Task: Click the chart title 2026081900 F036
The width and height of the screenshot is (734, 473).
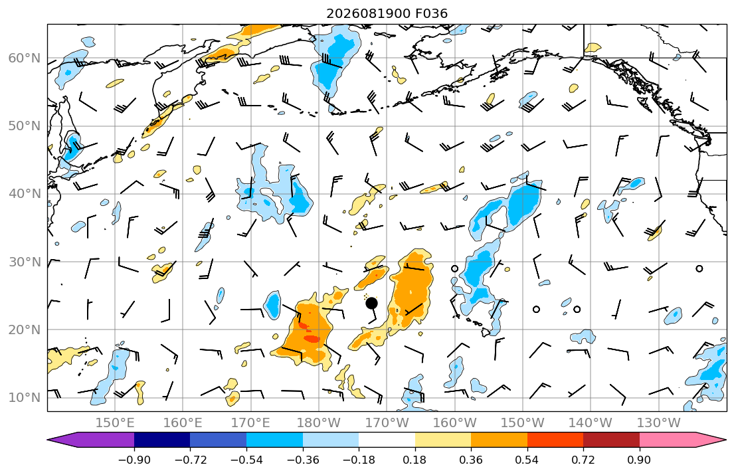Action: tap(387, 13)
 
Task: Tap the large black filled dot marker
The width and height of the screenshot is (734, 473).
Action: tap(371, 304)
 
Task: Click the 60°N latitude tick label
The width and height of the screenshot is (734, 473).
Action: tap(25, 58)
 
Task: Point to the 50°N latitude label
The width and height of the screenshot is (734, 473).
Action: tap(25, 126)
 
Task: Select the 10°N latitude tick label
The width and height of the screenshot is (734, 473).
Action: tap(25, 398)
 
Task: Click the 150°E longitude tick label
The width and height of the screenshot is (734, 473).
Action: tap(115, 423)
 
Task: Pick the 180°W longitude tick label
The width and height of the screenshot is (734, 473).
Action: tap(320, 423)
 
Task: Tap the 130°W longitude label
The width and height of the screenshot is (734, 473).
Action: tap(659, 423)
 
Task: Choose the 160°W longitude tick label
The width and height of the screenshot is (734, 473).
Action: tap(455, 423)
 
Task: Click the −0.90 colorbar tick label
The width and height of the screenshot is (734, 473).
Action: tap(134, 460)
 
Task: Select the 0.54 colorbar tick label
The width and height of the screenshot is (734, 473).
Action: tap(527, 460)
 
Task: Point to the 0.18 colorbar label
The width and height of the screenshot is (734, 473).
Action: tap(414, 460)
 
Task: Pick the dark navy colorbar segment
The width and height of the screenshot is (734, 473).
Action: tap(163, 440)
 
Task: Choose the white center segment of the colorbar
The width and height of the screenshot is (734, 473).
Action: tap(387, 440)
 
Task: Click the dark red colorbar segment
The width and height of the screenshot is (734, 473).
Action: tap(611, 440)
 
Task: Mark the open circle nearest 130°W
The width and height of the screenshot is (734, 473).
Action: tap(699, 269)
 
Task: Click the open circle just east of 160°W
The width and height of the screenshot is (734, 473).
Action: tap(454, 269)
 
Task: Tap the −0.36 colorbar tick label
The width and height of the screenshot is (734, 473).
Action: tap(303, 460)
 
